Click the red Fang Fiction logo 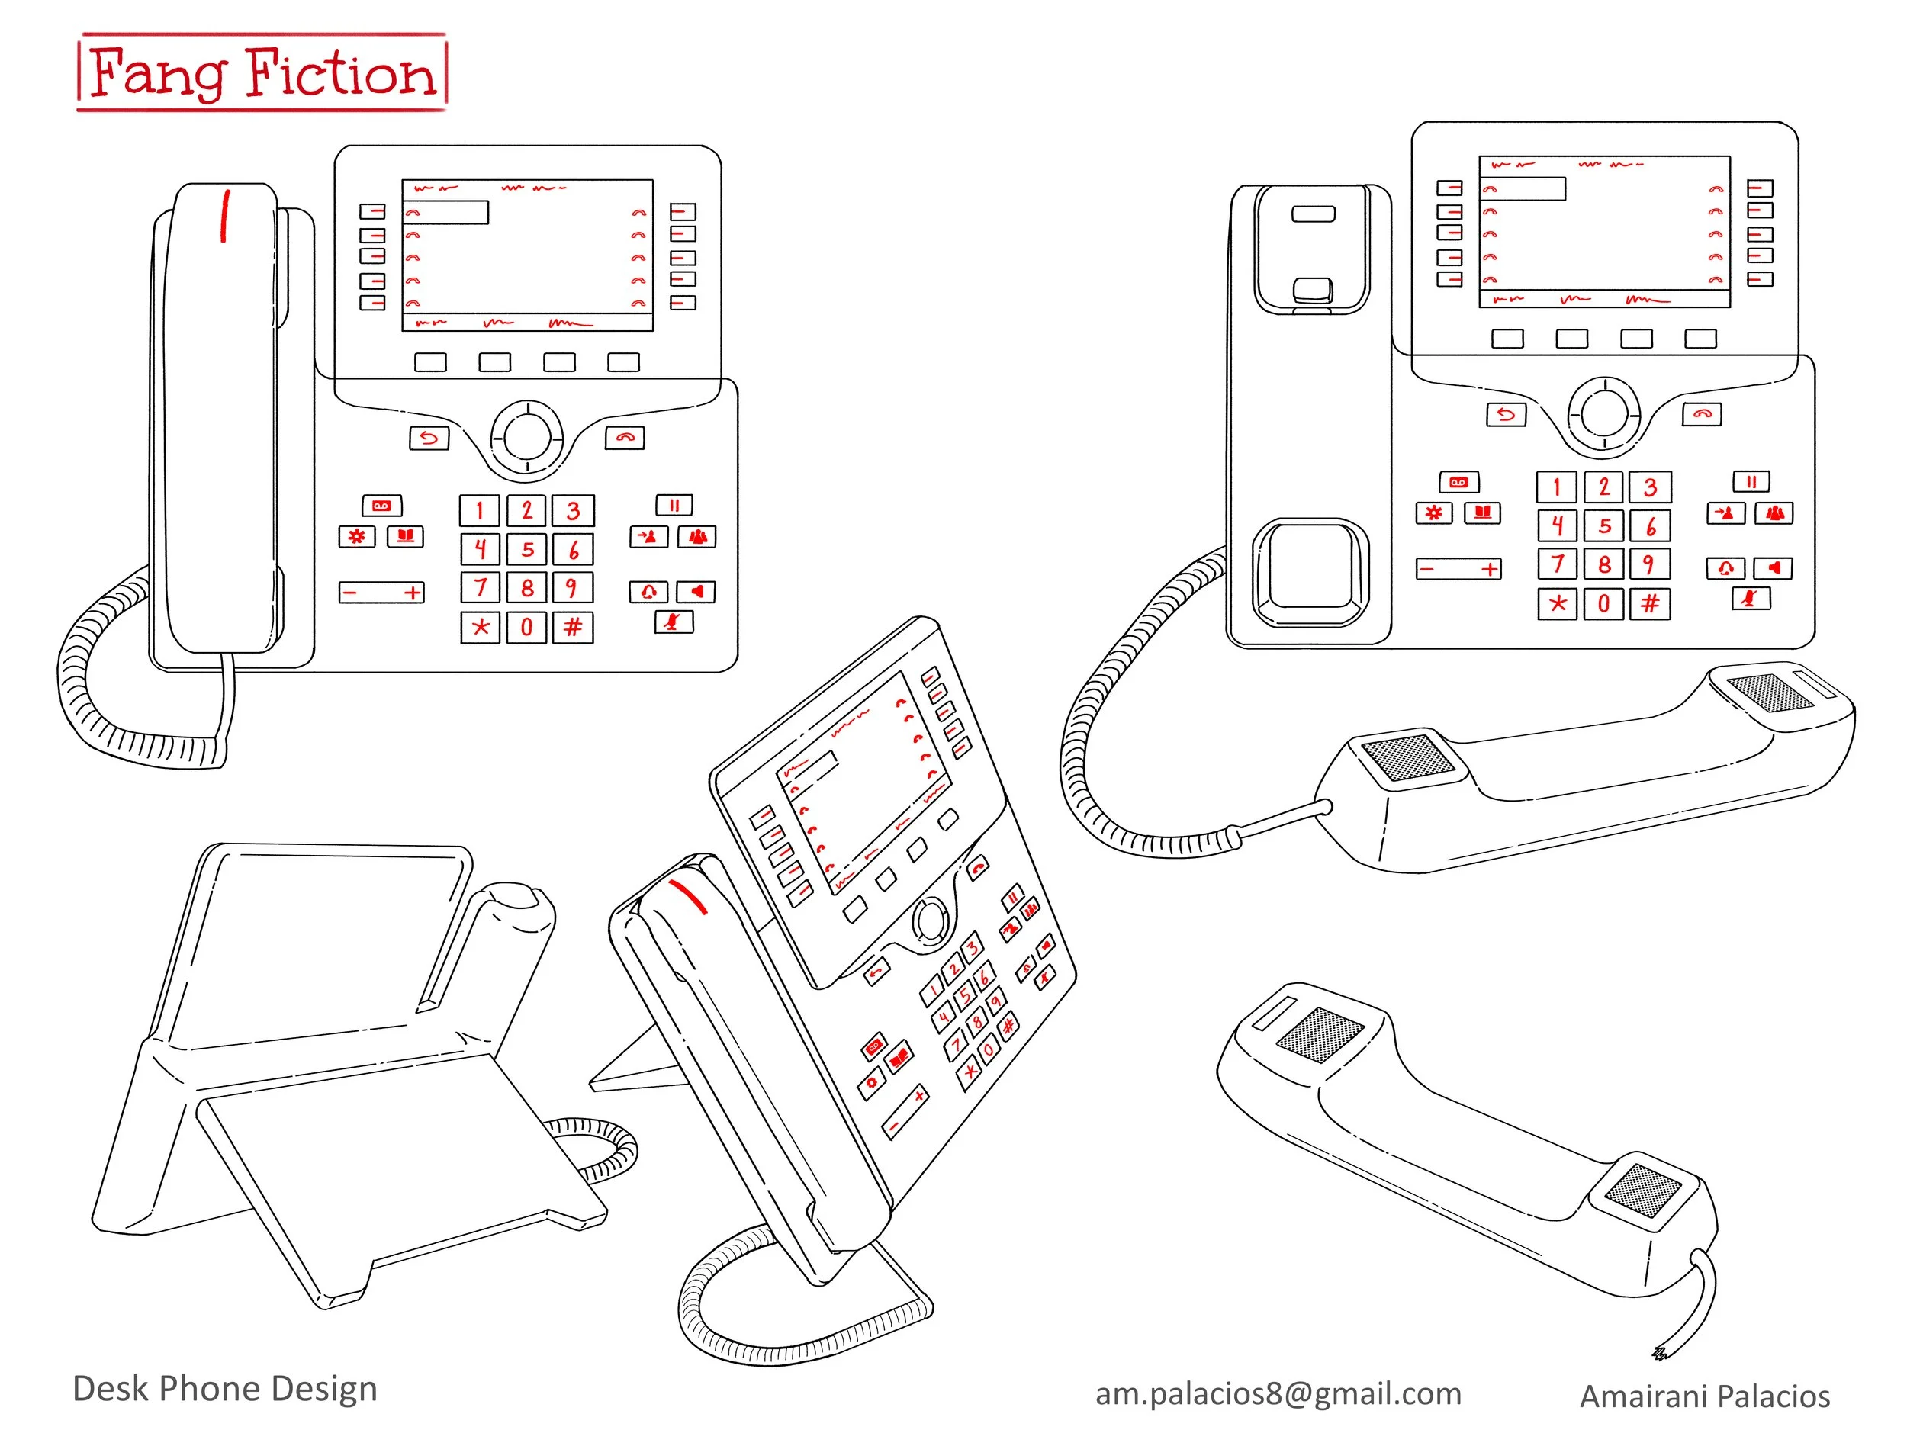(x=262, y=72)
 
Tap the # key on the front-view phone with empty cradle (x=1649, y=603)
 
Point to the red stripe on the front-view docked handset (x=225, y=216)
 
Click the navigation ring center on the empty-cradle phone (x=1603, y=413)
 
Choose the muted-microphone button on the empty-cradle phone (x=1750, y=598)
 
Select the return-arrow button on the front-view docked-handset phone (x=429, y=438)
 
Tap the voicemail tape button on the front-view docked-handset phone (x=382, y=506)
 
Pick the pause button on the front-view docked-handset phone (x=674, y=506)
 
